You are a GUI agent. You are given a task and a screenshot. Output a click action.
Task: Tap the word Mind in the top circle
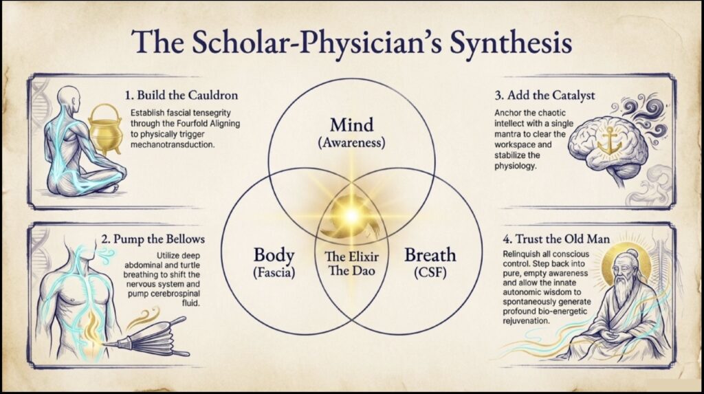click(351, 126)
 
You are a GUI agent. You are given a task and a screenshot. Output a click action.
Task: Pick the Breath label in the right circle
click(430, 255)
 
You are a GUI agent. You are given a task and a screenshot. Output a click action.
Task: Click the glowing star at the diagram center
click(351, 214)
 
